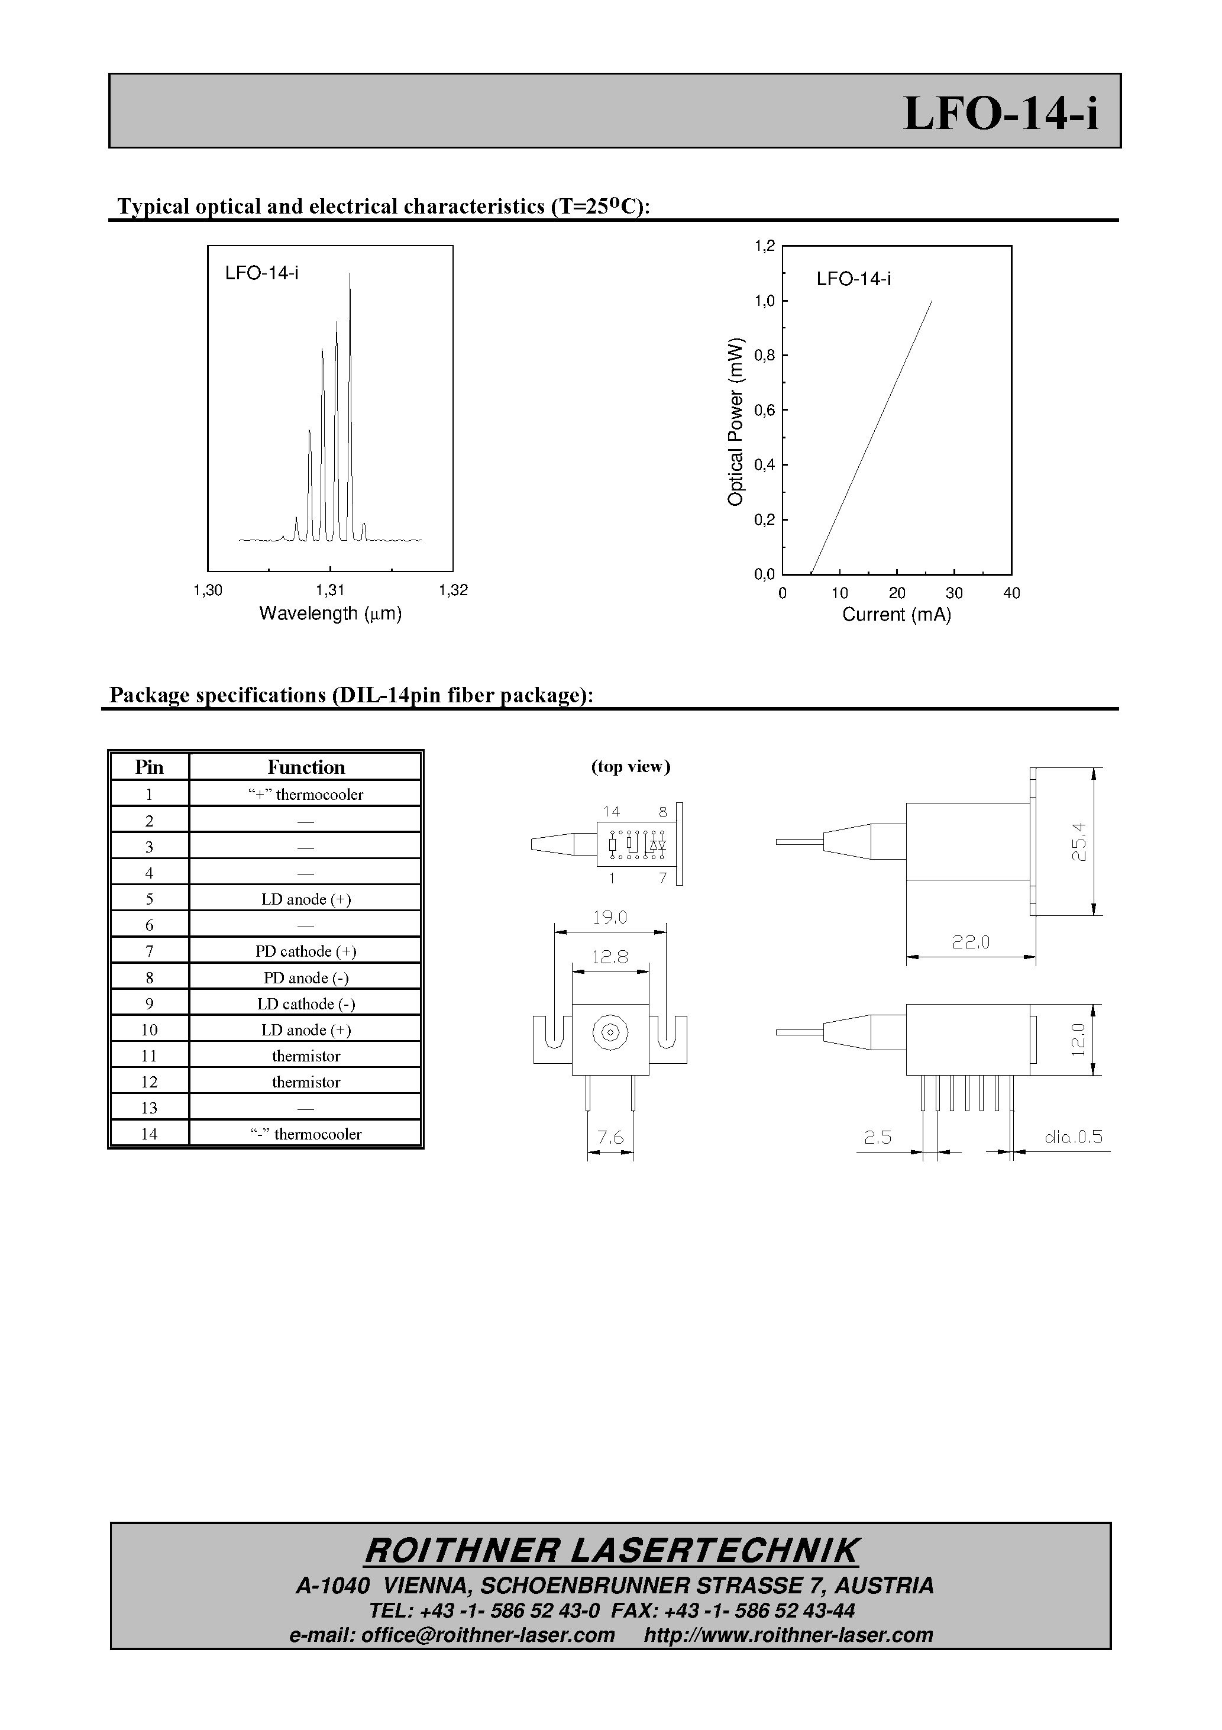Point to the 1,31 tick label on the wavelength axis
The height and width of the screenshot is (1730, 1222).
tap(330, 590)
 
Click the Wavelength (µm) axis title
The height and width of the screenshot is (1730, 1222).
tap(330, 614)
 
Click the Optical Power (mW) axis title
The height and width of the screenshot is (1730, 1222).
tap(735, 422)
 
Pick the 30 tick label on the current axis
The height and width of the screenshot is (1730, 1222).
tap(954, 593)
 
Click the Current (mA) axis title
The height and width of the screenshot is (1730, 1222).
tap(897, 615)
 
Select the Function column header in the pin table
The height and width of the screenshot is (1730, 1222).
tap(305, 767)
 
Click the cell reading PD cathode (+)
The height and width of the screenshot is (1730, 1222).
tap(305, 951)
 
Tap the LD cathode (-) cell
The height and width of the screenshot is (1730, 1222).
tap(305, 1003)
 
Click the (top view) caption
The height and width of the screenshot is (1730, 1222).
tap(631, 766)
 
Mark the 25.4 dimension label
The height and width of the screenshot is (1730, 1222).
tap(1079, 842)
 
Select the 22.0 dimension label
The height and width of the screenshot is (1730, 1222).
tap(971, 942)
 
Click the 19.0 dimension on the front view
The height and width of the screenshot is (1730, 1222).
tap(609, 918)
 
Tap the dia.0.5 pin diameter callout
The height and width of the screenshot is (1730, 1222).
tap(1073, 1137)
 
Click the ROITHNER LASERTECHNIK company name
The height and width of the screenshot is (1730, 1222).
tap(610, 1551)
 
